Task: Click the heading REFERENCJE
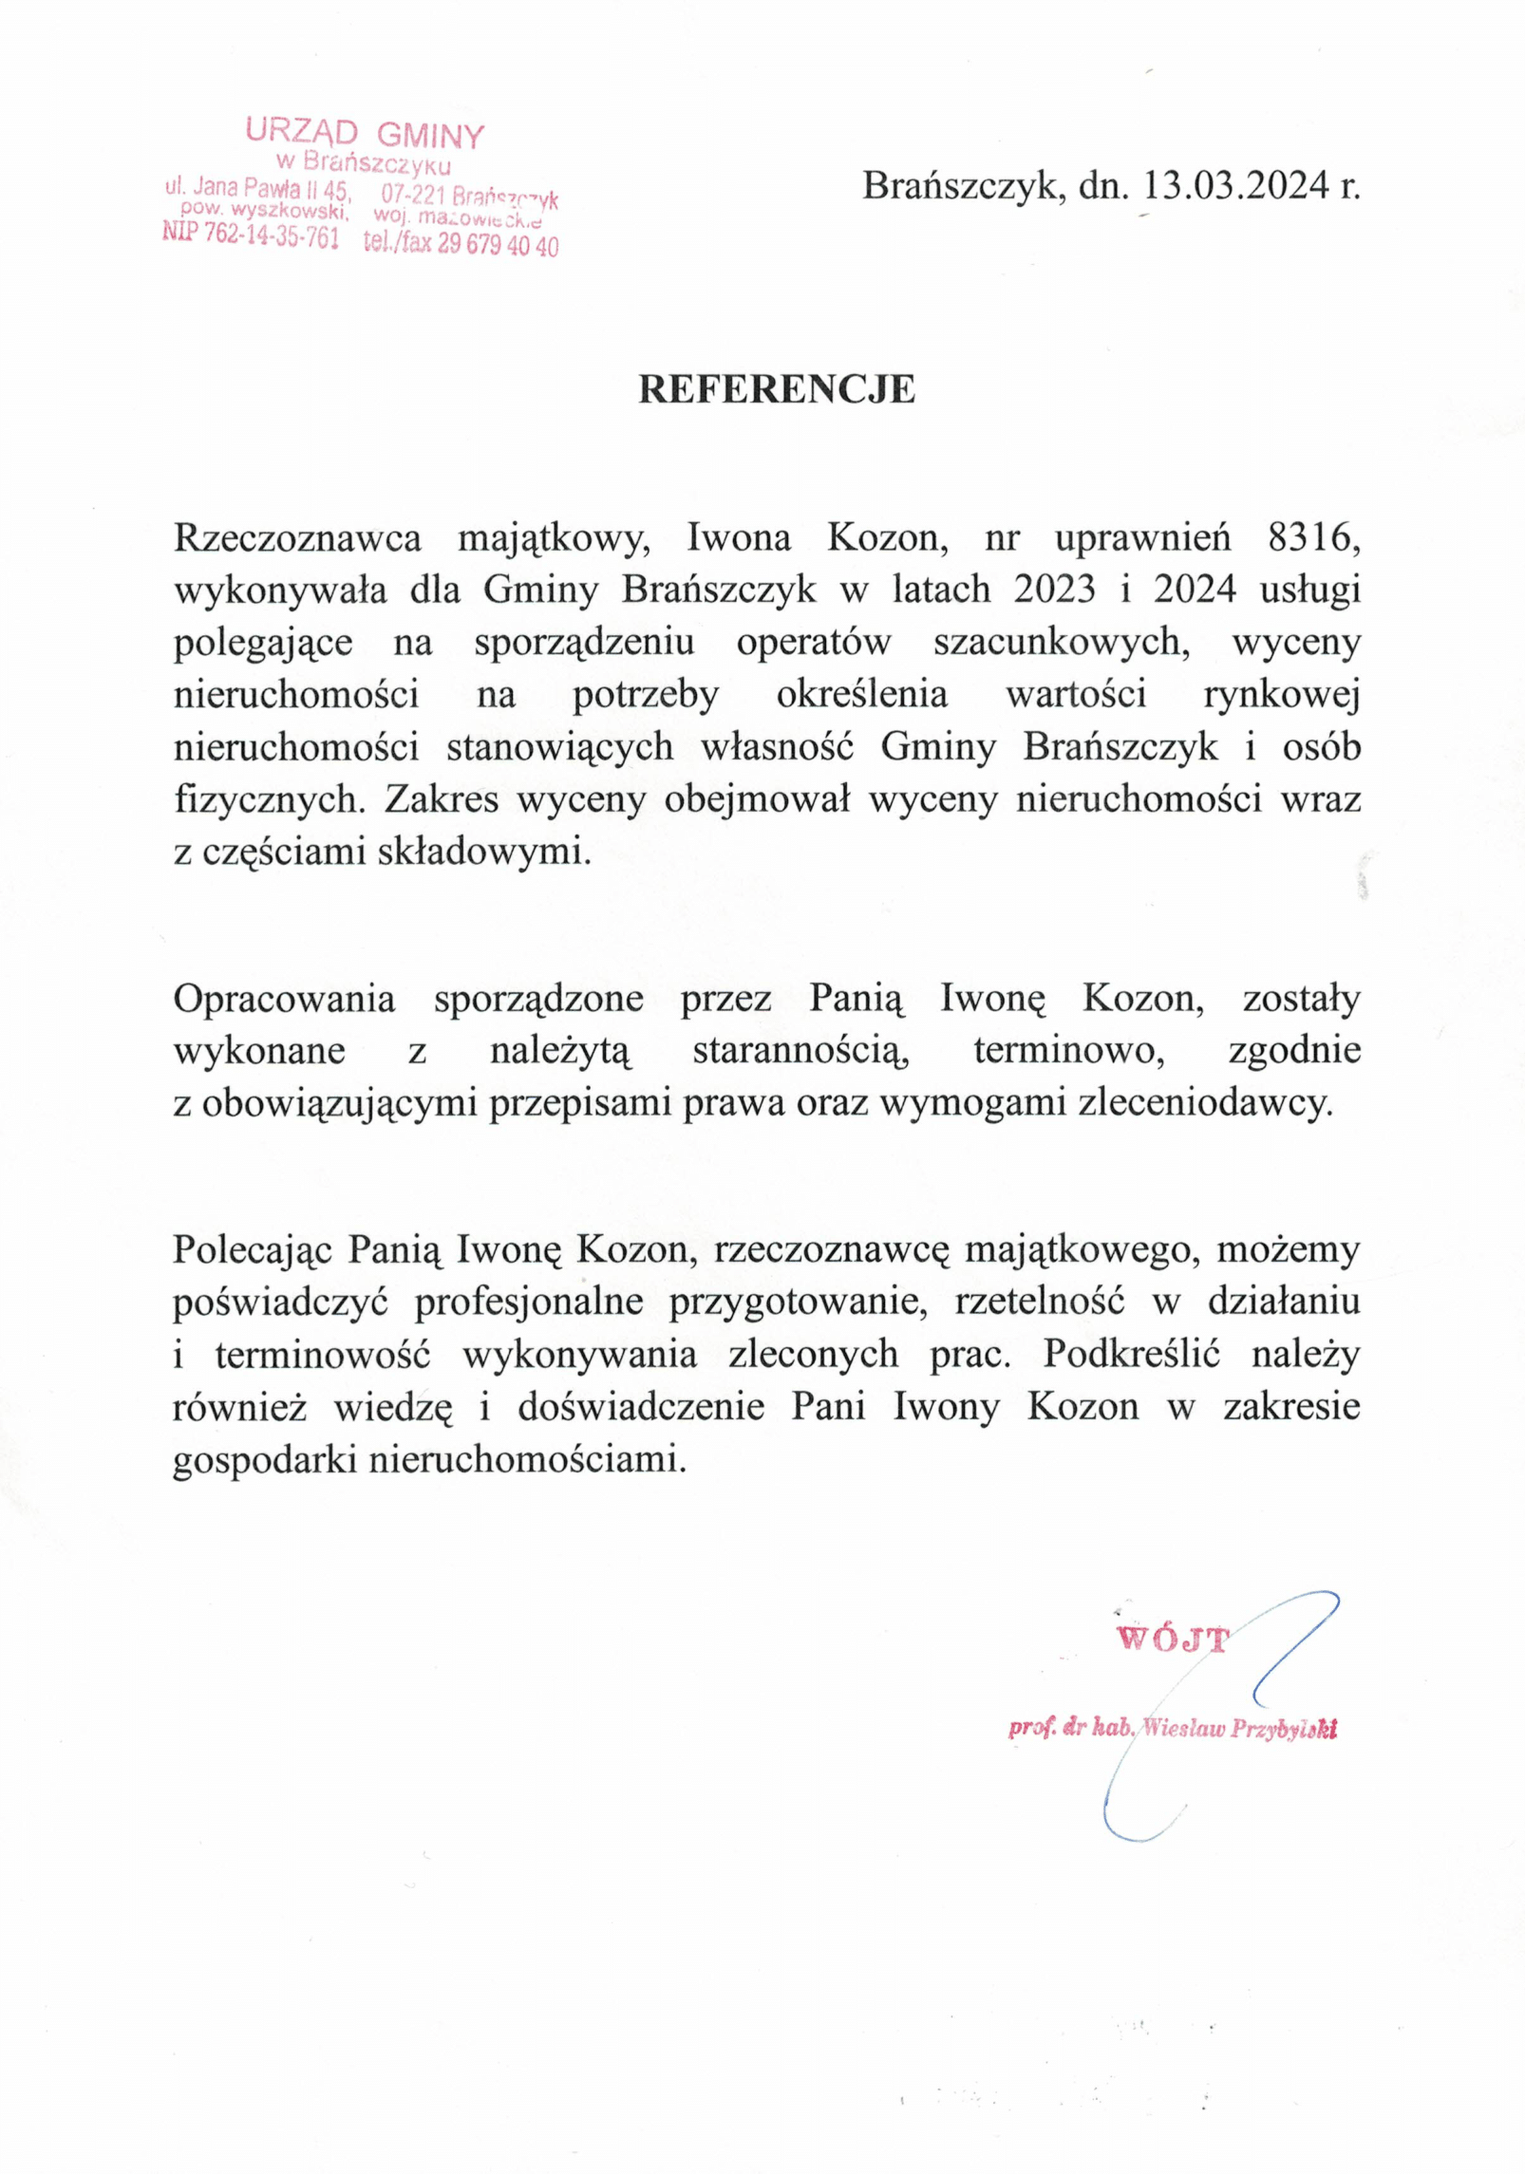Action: [776, 390]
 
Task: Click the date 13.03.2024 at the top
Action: [1235, 186]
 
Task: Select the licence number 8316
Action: [1314, 538]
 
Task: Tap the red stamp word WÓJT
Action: [1174, 1639]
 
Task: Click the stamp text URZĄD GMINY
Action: [365, 134]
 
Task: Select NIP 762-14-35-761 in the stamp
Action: [251, 234]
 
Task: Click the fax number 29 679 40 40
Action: [498, 245]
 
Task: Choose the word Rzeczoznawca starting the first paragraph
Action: [297, 538]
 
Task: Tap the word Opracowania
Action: [284, 1000]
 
